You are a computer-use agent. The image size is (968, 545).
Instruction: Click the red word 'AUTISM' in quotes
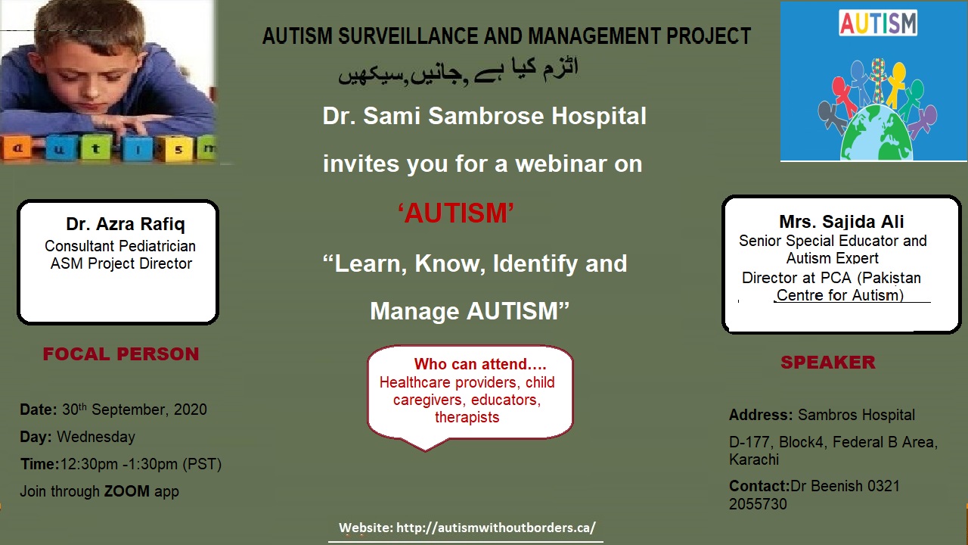tap(456, 213)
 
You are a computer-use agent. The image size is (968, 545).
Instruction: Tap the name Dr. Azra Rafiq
tap(126, 224)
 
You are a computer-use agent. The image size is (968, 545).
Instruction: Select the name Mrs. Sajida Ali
tap(842, 222)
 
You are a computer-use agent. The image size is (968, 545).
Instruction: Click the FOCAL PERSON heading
tap(121, 353)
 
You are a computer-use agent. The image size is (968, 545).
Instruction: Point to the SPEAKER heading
tap(828, 362)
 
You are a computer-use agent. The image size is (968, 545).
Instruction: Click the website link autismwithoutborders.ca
tap(495, 528)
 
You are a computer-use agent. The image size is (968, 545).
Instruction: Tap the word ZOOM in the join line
tap(126, 491)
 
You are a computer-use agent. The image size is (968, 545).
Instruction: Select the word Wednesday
tap(96, 437)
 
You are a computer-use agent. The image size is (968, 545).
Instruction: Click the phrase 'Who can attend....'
tap(480, 364)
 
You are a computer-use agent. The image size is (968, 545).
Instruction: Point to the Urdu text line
tap(458, 71)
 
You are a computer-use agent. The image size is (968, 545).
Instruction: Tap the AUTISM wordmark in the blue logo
tap(878, 23)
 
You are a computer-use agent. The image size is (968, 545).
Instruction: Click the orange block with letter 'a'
tap(17, 149)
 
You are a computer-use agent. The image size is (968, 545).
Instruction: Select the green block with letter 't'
tap(96, 149)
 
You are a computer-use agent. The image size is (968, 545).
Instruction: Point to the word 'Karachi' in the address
tap(754, 459)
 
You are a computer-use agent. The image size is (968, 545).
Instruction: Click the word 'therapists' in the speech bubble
tap(467, 417)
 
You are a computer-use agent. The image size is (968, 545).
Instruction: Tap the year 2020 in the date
tap(190, 410)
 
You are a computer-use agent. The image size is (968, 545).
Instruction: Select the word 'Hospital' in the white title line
tap(599, 116)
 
